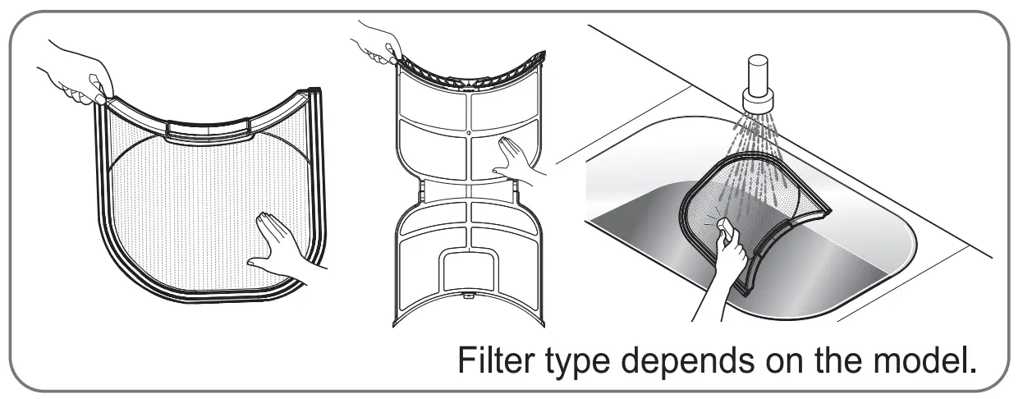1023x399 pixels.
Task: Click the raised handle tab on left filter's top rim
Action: click(209, 127)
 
